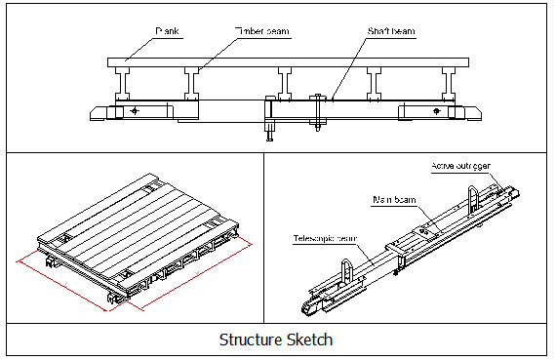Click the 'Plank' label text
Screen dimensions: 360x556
coord(169,31)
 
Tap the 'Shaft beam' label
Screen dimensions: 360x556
coord(390,31)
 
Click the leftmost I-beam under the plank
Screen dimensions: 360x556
coord(125,81)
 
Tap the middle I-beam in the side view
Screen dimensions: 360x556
coord(285,81)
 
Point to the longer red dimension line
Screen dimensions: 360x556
coord(61,286)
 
